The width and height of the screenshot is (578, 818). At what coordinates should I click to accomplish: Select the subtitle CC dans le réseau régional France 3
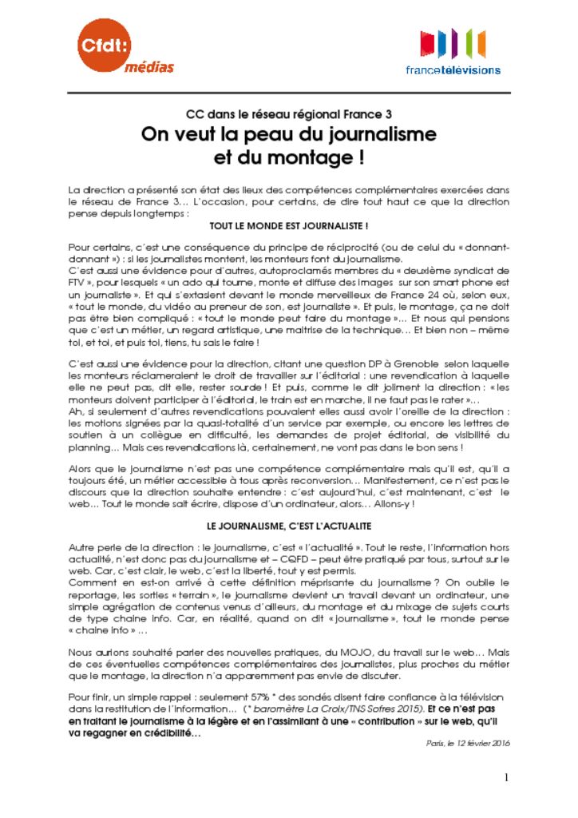click(288, 114)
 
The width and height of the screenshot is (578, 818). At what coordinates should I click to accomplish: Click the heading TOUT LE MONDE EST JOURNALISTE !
click(288, 226)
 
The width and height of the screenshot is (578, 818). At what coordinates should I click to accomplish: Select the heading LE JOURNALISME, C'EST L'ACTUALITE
click(288, 526)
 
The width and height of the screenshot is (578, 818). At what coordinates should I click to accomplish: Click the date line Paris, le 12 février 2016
click(469, 742)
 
